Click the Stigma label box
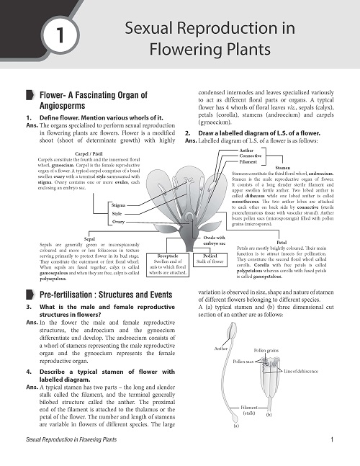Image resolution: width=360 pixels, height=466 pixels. [119, 206]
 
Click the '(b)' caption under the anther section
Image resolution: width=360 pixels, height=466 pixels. [269, 415]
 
